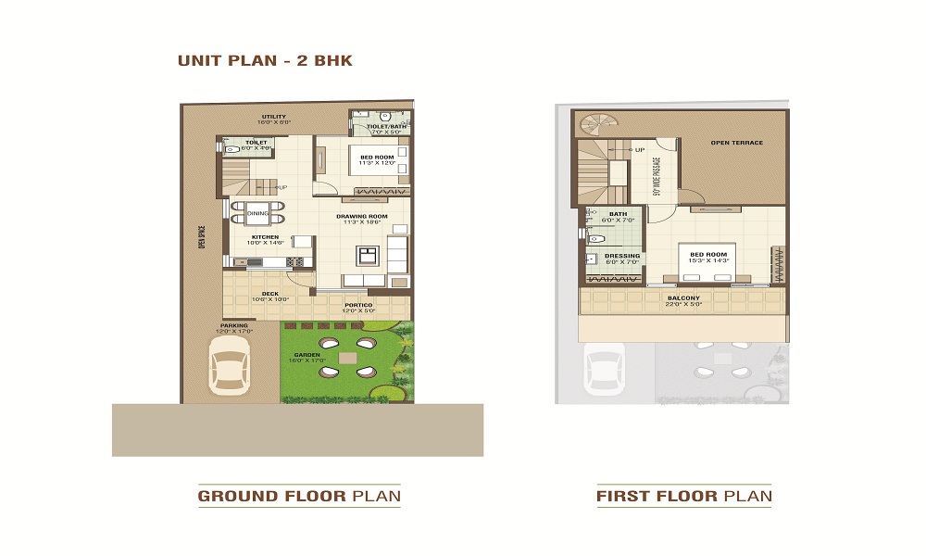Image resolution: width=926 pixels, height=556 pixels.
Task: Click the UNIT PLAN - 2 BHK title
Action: coord(265,61)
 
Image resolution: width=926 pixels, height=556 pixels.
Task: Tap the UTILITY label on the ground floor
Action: coord(274,117)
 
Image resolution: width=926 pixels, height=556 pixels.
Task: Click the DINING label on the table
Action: coord(257,214)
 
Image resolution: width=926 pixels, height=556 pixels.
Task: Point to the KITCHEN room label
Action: coord(266,237)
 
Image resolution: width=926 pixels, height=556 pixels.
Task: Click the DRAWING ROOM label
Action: coord(361,216)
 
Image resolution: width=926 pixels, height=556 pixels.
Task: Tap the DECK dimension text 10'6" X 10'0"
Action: coord(270,299)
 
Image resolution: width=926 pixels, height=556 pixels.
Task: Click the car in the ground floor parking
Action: coord(228,365)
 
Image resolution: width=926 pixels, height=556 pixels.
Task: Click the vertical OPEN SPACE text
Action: coord(200,239)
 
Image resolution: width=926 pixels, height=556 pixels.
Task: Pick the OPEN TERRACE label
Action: coord(736,143)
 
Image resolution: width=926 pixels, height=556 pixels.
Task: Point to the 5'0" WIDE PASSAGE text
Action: coord(657,175)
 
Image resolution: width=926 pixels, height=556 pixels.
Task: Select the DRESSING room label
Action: coord(621,256)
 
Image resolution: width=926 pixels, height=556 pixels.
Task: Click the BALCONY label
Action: coord(683,298)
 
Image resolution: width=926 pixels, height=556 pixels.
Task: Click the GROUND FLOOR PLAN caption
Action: coord(299,497)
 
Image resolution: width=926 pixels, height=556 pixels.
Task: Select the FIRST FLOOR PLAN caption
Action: coord(683,497)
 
